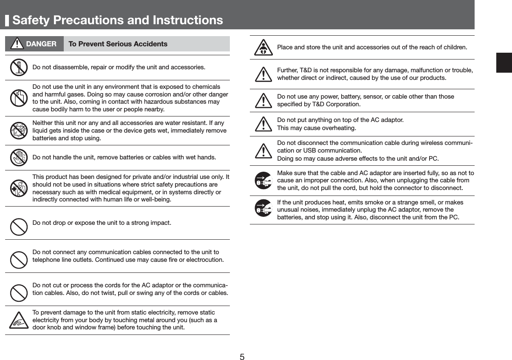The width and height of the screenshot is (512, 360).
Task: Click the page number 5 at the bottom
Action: (242, 356)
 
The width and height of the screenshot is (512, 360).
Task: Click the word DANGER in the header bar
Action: (41, 44)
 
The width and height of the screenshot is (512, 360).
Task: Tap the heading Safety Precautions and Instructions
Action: (118, 20)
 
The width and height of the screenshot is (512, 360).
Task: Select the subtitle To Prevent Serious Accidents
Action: (118, 44)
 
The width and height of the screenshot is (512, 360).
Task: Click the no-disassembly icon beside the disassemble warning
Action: (18, 67)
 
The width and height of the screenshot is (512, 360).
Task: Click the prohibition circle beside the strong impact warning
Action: (19, 227)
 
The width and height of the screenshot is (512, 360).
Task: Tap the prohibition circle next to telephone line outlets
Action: (19, 260)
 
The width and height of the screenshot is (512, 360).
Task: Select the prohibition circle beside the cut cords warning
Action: (19, 293)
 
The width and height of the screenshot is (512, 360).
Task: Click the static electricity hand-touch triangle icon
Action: (19, 321)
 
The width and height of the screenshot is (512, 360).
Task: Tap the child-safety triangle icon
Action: (263, 48)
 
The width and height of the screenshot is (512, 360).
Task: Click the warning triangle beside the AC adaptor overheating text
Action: (264, 124)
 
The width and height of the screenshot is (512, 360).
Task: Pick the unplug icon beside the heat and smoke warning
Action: (263, 208)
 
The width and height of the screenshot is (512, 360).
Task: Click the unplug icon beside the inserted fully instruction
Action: (263, 181)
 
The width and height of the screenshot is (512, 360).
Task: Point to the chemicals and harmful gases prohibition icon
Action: (18, 97)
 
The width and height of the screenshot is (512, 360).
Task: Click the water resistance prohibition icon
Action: (18, 130)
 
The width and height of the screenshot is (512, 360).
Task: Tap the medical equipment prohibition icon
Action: (18, 189)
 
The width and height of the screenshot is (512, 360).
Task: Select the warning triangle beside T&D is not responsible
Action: (264, 75)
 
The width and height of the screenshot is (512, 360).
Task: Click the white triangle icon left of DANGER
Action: (17, 44)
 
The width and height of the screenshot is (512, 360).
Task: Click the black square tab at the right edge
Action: (504, 63)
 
